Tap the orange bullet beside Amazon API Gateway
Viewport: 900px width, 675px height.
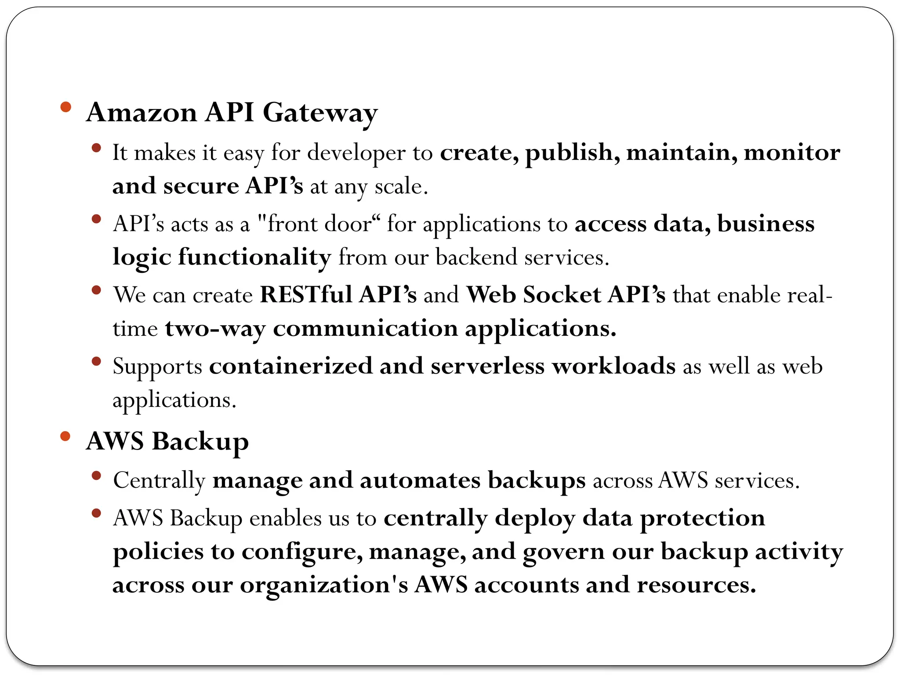click(x=65, y=107)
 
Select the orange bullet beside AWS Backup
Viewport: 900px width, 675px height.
click(x=65, y=436)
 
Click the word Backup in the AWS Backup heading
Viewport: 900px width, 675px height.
click(x=200, y=442)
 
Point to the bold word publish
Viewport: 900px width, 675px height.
click(x=572, y=153)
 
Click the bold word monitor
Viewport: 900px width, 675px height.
click(x=791, y=152)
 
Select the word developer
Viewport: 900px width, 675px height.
click(x=356, y=153)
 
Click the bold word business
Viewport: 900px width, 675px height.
click(x=766, y=224)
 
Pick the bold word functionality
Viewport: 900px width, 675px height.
click(x=254, y=258)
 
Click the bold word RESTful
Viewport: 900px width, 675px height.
click(x=306, y=295)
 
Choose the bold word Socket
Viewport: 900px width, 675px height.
click(x=562, y=295)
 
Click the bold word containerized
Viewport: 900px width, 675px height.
click(x=290, y=367)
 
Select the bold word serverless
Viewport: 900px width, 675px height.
click(x=487, y=367)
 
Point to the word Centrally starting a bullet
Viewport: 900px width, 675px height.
click(x=159, y=481)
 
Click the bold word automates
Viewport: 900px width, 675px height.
click(x=420, y=481)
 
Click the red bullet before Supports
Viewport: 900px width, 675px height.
click(x=97, y=362)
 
